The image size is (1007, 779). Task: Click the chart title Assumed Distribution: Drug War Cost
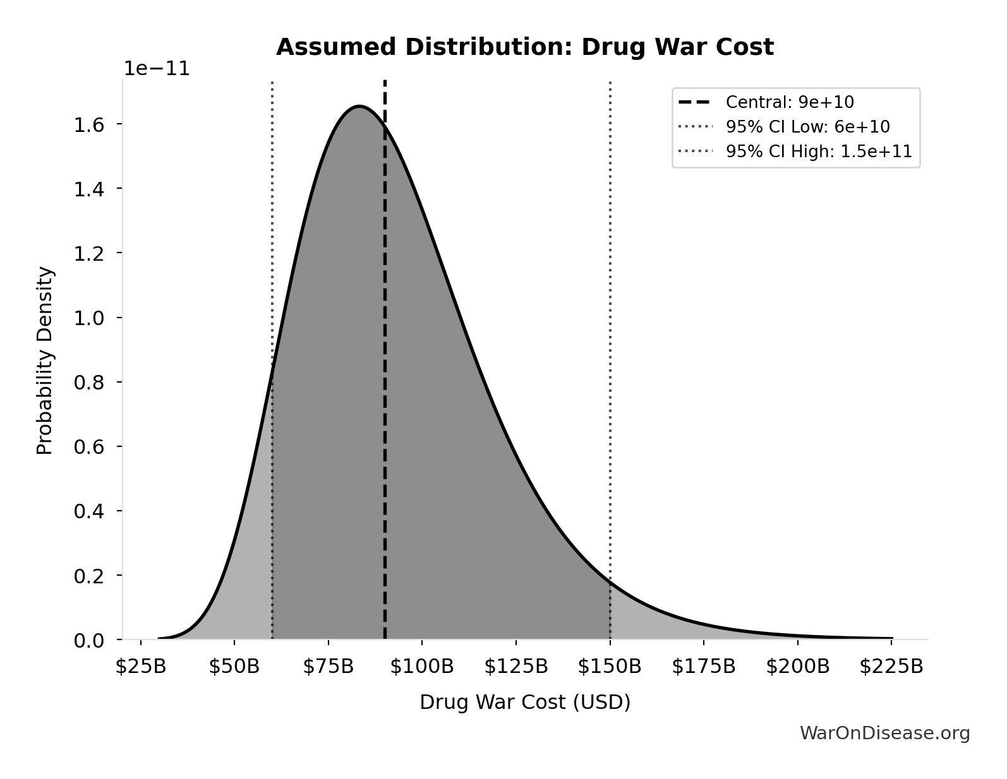(x=524, y=47)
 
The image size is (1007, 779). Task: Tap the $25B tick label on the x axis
(x=140, y=667)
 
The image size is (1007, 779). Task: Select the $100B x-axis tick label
(x=422, y=667)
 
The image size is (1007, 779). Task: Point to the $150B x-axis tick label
(x=610, y=667)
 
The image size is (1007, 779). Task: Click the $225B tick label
(x=891, y=667)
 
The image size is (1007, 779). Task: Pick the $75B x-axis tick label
(x=328, y=667)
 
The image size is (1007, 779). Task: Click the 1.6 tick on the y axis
(x=88, y=124)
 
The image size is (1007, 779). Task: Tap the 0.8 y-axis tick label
(x=88, y=383)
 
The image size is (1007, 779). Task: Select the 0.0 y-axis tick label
(x=88, y=641)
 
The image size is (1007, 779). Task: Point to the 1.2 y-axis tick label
(x=88, y=254)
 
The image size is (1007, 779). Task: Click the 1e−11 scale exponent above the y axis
(x=156, y=68)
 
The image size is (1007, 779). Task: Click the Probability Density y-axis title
(x=45, y=360)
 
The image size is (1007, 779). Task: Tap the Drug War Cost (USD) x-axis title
(x=525, y=702)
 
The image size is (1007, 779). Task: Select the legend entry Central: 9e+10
(x=790, y=102)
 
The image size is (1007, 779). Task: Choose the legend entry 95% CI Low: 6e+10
(x=807, y=127)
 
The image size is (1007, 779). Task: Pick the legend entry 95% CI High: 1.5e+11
(x=819, y=152)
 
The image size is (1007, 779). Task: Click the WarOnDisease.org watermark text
(x=884, y=733)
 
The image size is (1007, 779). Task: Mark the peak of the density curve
(x=359, y=106)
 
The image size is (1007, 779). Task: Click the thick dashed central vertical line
(x=385, y=379)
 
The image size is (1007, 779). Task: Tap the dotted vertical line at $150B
(x=610, y=316)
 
